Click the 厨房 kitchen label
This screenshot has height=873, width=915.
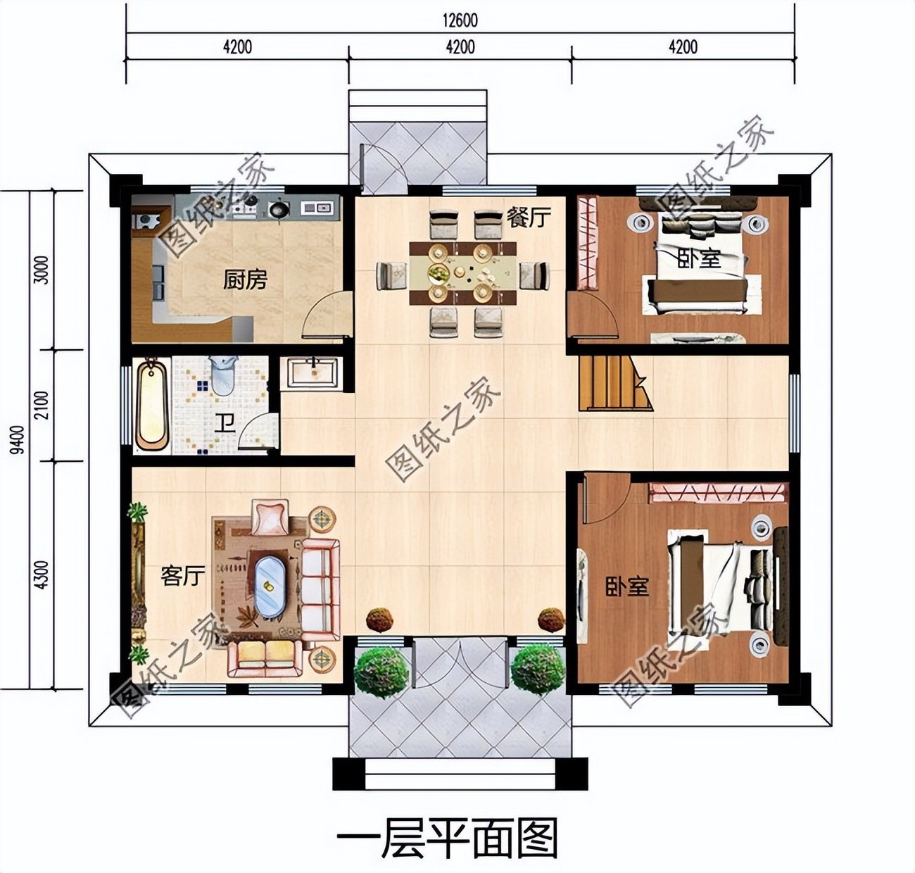coord(246,280)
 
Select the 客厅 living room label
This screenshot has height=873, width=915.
coord(183,576)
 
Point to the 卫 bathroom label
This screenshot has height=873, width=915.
coord(225,423)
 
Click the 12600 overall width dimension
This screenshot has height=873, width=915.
coord(460,20)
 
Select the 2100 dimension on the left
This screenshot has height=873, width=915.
coord(42,406)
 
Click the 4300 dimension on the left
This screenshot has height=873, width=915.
coord(42,574)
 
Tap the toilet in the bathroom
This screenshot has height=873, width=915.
coord(222,374)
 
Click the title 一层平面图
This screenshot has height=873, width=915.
coord(447,839)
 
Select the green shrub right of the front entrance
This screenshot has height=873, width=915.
coord(538,668)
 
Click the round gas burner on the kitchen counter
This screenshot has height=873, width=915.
coord(279,208)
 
